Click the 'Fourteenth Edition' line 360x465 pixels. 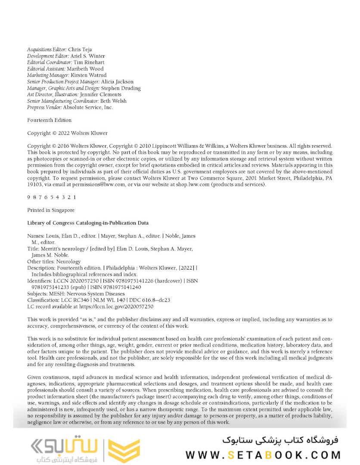(x=50, y=120)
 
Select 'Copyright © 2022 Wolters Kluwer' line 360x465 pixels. (x=68, y=133)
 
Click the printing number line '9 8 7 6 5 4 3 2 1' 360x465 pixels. (x=52, y=197)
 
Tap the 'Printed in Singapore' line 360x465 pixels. (x=51, y=210)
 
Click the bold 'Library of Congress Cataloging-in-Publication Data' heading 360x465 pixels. (x=88, y=223)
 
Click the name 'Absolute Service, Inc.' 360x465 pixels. (x=88, y=108)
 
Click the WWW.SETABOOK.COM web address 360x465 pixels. (x=263, y=455)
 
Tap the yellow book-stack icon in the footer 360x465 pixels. (x=124, y=450)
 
